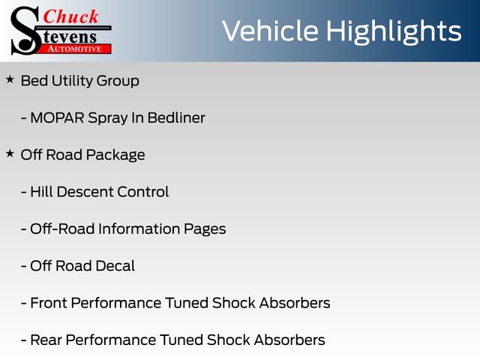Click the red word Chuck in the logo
[70, 16]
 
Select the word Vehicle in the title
[270, 31]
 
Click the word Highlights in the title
[394, 32]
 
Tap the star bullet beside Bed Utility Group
[10, 79]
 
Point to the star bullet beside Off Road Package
[10, 153]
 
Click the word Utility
[72, 82]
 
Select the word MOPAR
[57, 118]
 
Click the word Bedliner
[176, 118]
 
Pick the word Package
[115, 155]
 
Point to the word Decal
[115, 266]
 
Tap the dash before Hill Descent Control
[23, 193]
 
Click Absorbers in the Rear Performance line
[289, 340]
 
